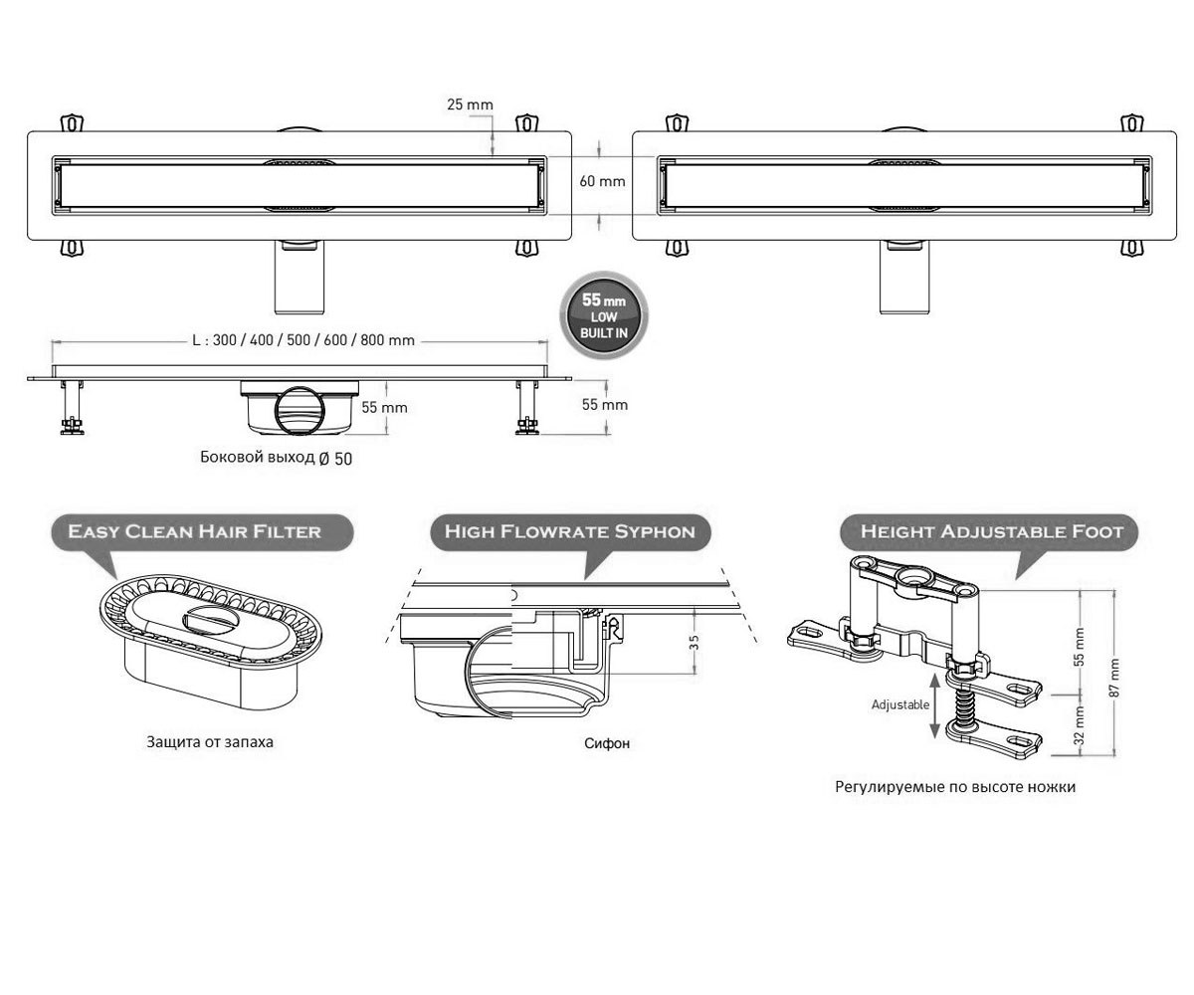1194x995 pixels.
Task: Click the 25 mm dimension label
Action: [x=470, y=104]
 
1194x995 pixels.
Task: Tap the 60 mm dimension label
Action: [x=602, y=181]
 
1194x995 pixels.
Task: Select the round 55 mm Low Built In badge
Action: [x=604, y=315]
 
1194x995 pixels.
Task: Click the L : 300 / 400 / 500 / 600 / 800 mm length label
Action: [x=303, y=340]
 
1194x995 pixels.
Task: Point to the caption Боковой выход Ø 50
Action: [x=277, y=458]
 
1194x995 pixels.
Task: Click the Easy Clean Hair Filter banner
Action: [x=202, y=531]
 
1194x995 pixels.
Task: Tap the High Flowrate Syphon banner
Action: [x=570, y=531]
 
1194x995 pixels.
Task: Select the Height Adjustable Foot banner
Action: [x=989, y=531]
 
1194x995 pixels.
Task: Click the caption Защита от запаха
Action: [x=210, y=742]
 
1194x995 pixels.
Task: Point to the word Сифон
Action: [x=607, y=743]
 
